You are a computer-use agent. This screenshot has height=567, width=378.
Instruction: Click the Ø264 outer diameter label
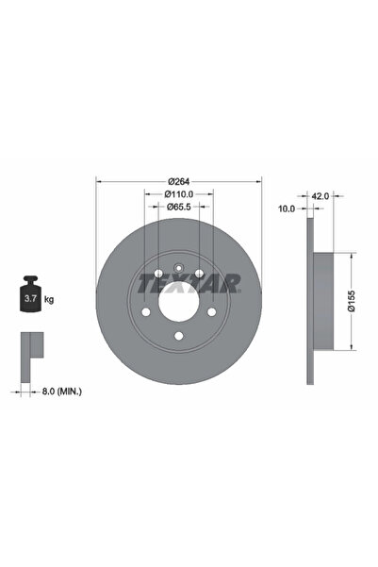pyautogui.click(x=179, y=181)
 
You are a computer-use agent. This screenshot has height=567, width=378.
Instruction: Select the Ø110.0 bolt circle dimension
pyautogui.click(x=179, y=194)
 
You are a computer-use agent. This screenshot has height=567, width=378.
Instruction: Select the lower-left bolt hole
pyautogui.click(x=146, y=312)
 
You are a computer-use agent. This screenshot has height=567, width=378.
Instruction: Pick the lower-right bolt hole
pyautogui.click(x=212, y=312)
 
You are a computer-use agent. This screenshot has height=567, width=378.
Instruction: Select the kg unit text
pyautogui.click(x=49, y=299)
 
